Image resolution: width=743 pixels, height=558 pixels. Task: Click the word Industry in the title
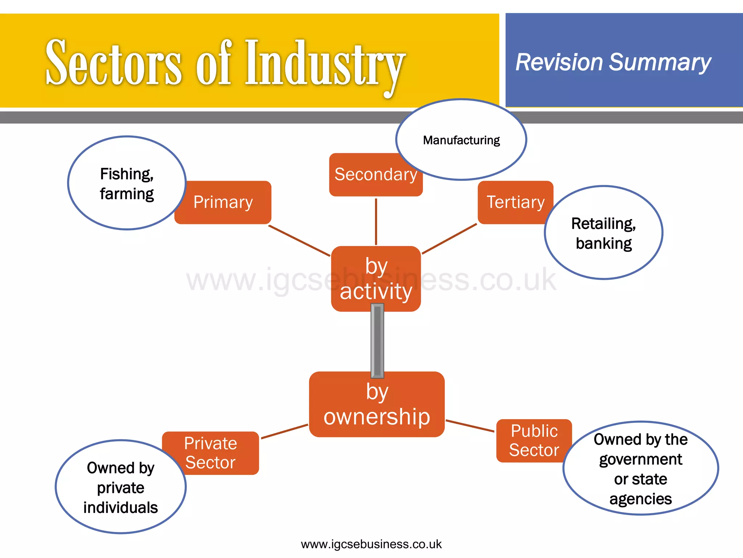coord(325,64)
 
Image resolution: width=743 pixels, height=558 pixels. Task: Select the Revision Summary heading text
coord(613,62)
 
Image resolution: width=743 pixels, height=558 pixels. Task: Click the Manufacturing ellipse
coord(461,140)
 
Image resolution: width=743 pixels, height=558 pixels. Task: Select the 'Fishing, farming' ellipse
coord(127,183)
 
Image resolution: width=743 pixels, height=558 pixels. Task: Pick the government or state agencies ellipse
coord(641,469)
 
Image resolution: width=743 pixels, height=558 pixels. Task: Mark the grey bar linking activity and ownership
coord(377,341)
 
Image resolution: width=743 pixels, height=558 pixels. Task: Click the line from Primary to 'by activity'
coord(299,240)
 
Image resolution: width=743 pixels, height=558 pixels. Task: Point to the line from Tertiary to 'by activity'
coord(449,239)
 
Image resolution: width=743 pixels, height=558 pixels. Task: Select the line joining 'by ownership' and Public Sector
coord(470,426)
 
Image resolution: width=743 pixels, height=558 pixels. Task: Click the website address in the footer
coord(371,544)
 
